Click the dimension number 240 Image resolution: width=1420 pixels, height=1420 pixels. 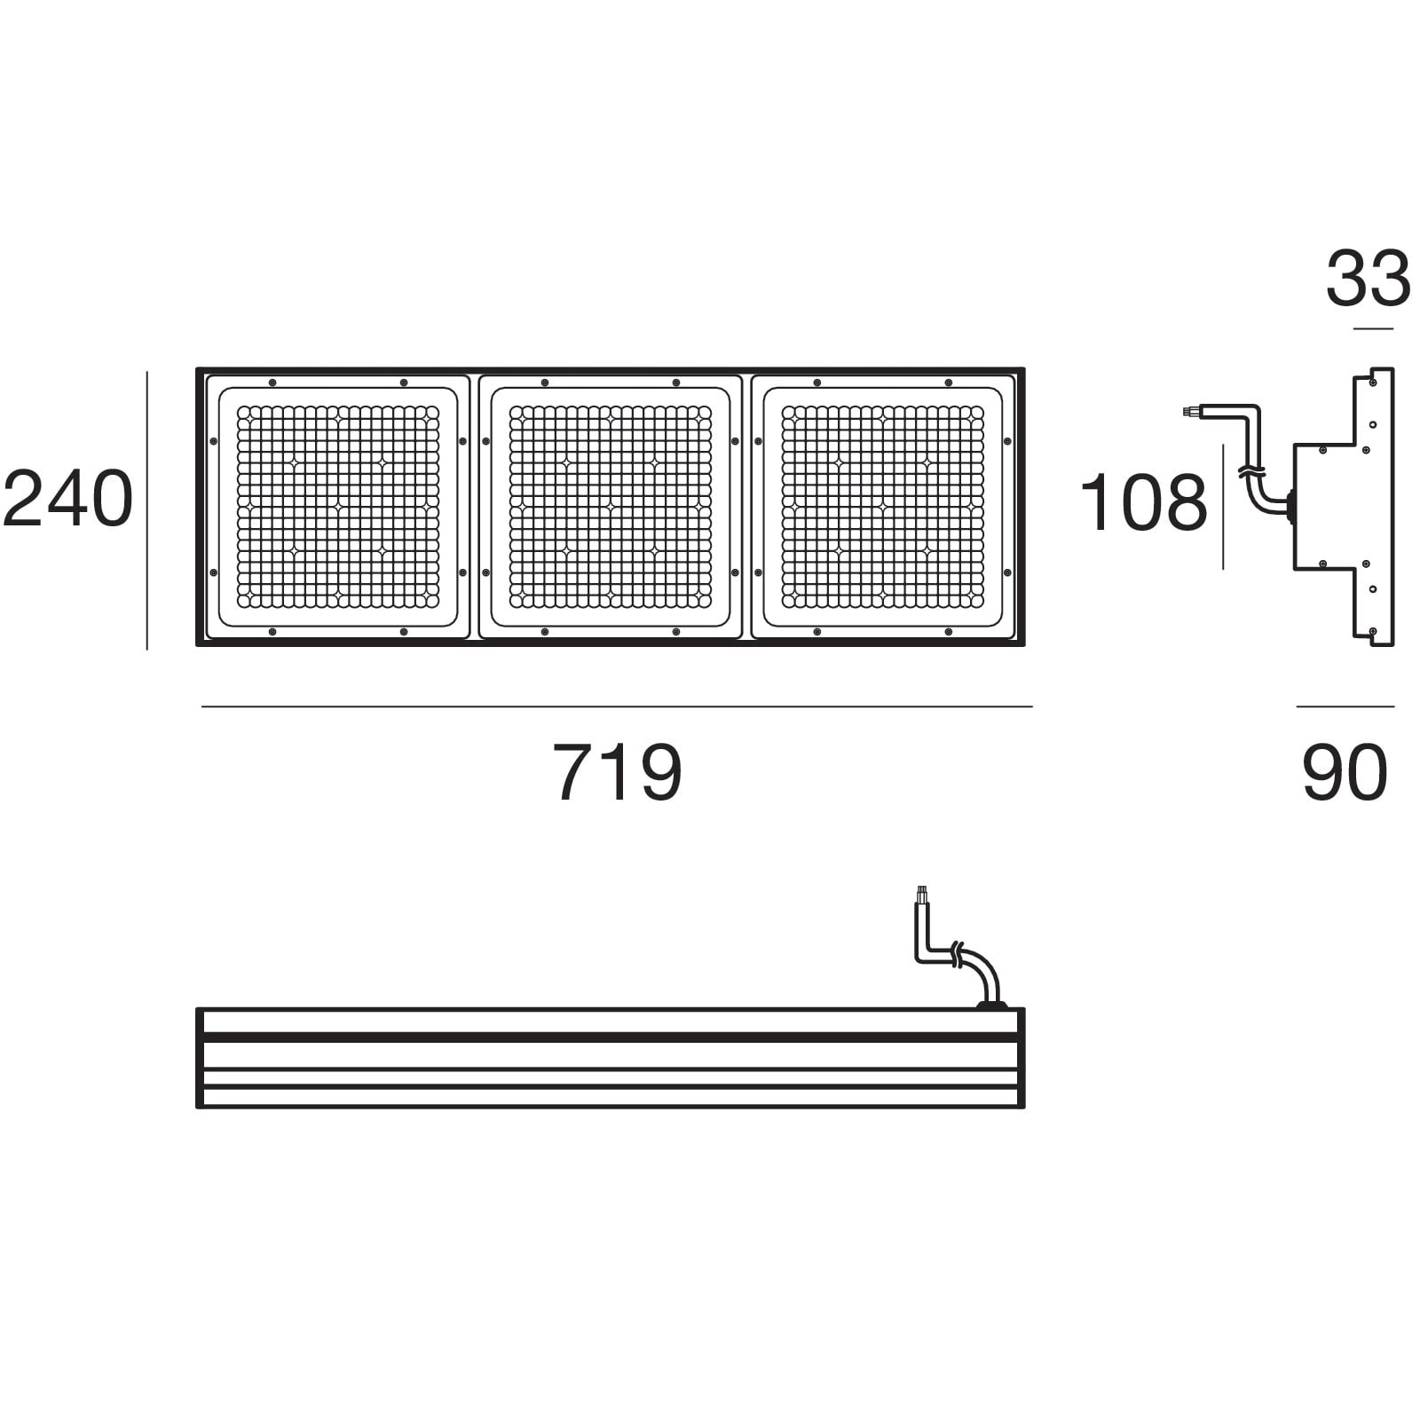pos(68,499)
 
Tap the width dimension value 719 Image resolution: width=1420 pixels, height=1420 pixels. pos(618,772)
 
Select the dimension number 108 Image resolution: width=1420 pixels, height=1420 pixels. pos(1143,502)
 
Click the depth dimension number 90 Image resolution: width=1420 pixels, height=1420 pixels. pos(1345,772)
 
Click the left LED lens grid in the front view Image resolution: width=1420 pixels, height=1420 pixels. pos(338,507)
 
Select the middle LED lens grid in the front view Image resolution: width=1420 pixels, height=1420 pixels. pos(611,507)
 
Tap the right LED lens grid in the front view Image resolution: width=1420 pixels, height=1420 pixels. pos(883,507)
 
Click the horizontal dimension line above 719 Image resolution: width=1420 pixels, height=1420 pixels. pos(617,706)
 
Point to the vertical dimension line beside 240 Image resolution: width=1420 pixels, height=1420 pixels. pos(146,510)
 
